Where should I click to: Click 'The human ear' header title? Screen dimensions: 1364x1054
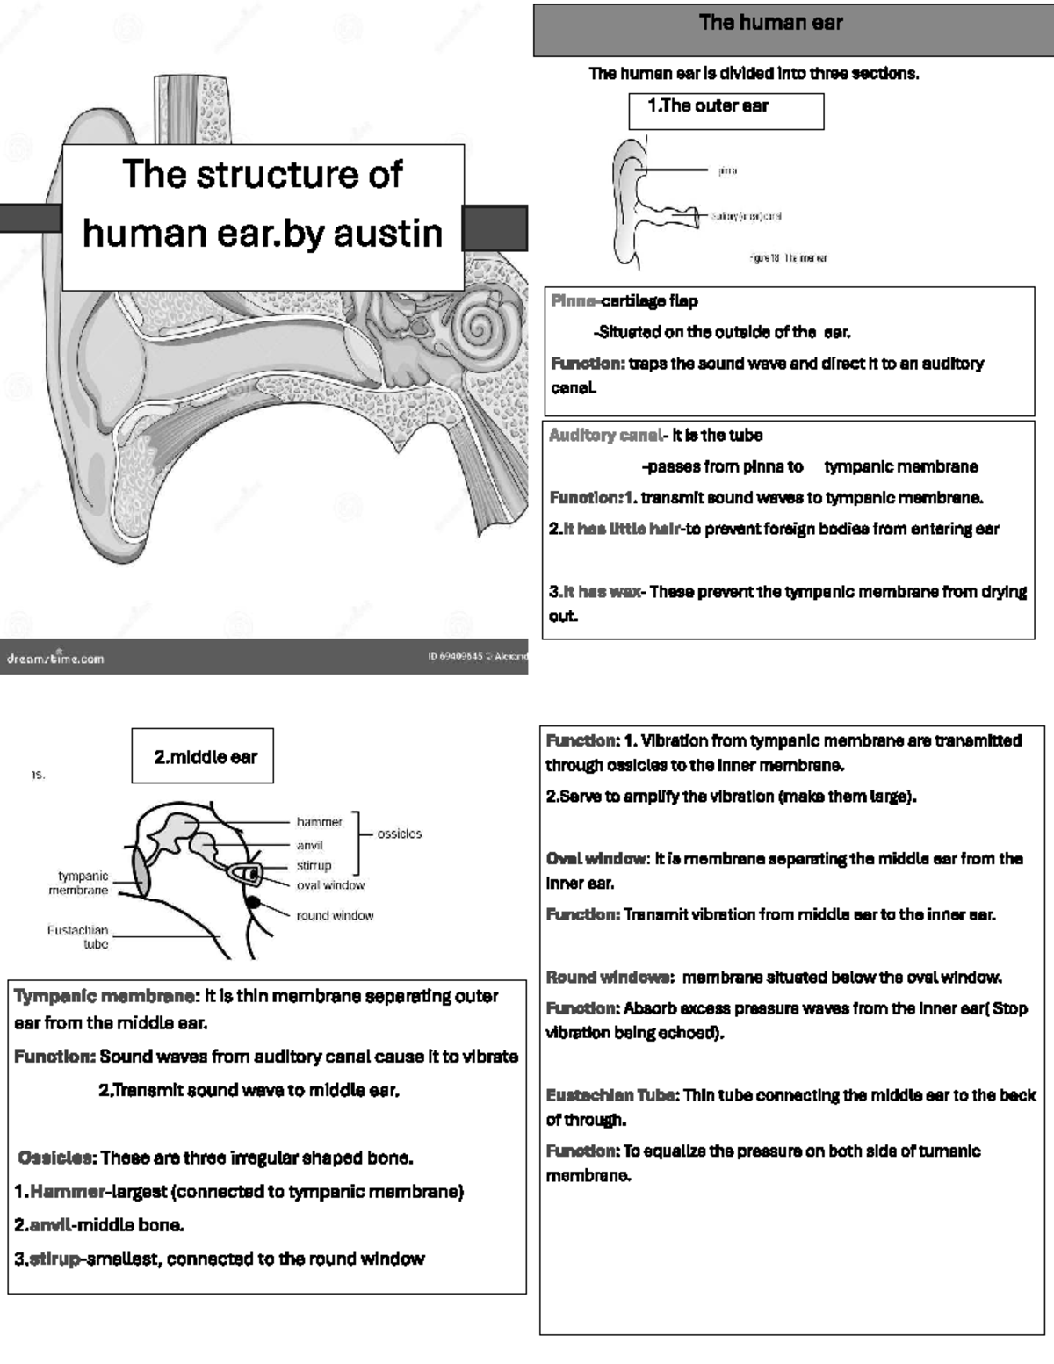[x=770, y=23]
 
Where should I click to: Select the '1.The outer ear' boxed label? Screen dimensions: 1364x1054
[x=708, y=106]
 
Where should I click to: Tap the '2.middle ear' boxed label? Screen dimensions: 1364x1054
[x=206, y=757]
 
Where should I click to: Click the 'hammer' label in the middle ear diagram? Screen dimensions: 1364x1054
[x=319, y=822]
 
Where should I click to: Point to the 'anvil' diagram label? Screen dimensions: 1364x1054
[x=310, y=845]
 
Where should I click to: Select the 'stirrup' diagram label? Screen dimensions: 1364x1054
[x=314, y=865]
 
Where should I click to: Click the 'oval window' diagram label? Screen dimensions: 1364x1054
[x=330, y=885]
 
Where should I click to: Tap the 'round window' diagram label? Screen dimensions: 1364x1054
[x=335, y=915]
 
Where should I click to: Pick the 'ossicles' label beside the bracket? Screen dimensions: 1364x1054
[x=400, y=834]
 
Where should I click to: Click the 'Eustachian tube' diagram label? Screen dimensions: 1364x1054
[x=79, y=936]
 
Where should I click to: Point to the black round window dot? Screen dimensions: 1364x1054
[x=253, y=902]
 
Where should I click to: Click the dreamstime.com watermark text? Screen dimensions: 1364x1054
[x=55, y=658]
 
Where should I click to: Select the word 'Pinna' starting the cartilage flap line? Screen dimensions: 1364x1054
[x=573, y=301]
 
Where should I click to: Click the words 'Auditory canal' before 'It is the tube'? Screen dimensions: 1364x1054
[x=605, y=435]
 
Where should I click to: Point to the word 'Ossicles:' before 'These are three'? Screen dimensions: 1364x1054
[x=57, y=1158]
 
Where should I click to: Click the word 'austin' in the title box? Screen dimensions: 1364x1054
[x=387, y=234]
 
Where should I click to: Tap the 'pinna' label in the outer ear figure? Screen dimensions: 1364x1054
[x=727, y=170]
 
